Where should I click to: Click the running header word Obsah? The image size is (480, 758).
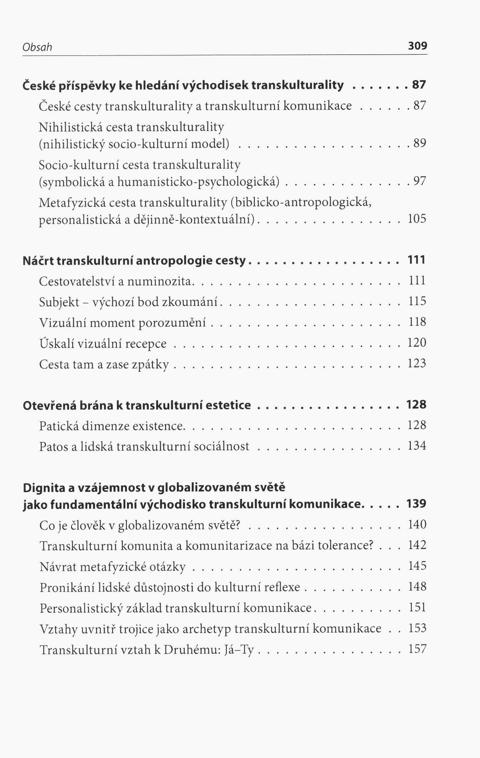[37, 47]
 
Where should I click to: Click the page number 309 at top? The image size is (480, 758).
[417, 46]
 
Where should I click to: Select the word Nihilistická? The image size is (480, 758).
[70, 127]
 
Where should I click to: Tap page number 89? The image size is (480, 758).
[420, 143]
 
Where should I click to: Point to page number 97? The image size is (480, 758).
[420, 181]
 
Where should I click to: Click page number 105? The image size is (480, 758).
[417, 219]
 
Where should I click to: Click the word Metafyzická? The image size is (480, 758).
[71, 203]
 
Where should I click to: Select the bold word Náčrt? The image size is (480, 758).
[38, 261]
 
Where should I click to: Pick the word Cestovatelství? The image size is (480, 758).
[76, 281]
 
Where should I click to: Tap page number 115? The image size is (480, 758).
[417, 301]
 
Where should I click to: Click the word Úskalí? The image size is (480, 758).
[56, 343]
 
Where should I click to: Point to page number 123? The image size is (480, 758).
[417, 363]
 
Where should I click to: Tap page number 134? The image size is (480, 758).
[417, 446]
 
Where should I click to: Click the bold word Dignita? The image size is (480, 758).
[44, 488]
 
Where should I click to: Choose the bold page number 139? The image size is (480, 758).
[416, 504]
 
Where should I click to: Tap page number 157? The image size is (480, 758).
[417, 649]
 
